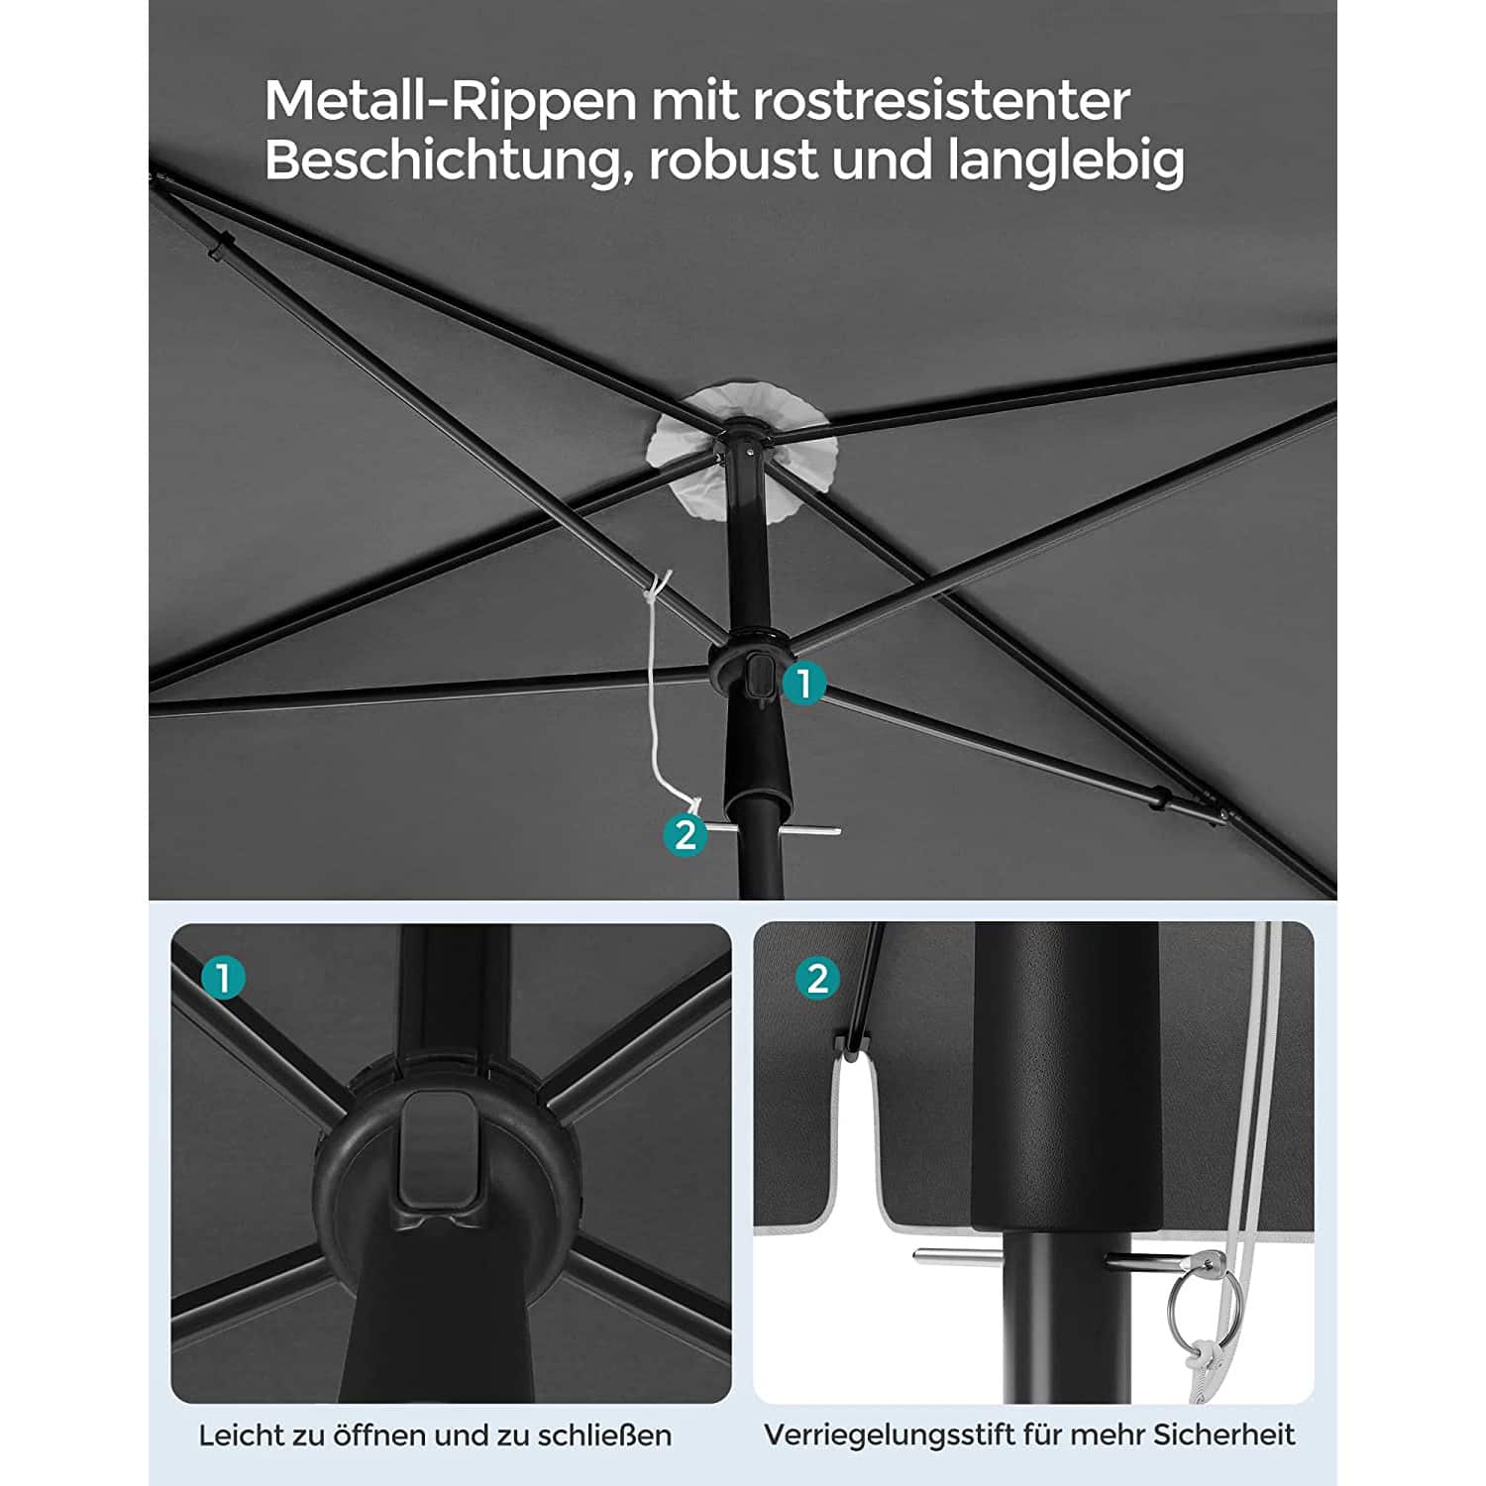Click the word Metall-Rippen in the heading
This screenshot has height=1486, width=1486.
click(451, 102)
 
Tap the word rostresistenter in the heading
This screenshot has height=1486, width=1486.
click(939, 100)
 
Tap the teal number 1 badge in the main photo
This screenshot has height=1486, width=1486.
click(804, 683)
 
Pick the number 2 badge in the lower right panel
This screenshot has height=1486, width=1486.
click(817, 978)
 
